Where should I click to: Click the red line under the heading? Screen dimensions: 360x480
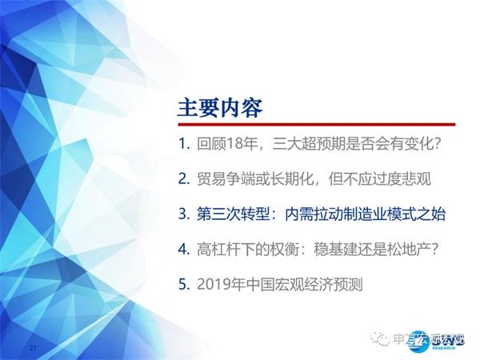coord(316,125)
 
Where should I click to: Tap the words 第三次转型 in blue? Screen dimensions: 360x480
coord(226,214)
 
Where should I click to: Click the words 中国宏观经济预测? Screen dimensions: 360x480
coord(302,283)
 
